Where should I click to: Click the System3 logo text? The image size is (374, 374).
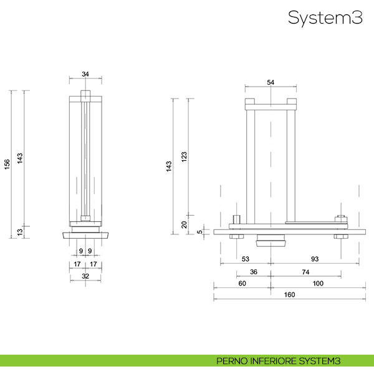tap(325, 18)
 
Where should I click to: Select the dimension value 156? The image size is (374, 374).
tap(7, 163)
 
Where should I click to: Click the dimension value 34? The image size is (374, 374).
tap(85, 74)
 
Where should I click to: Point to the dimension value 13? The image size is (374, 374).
tap(19, 232)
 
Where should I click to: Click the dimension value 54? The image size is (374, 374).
tap(271, 82)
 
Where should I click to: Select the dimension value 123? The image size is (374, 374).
tap(184, 157)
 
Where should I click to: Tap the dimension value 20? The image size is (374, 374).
tap(184, 225)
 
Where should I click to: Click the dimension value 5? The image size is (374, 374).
tap(199, 232)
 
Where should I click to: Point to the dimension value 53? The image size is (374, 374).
tap(245, 258)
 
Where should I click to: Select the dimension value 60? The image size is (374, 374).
tap(242, 284)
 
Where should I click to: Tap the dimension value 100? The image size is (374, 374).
tap(318, 284)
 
